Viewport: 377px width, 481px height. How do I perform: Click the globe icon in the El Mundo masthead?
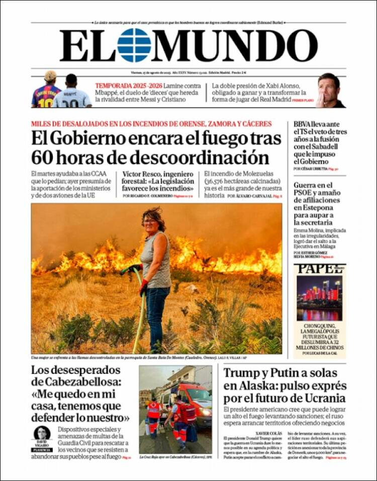click(134, 45)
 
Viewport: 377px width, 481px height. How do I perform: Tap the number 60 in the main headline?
click(42, 157)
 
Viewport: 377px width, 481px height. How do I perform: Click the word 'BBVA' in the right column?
click(305, 124)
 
